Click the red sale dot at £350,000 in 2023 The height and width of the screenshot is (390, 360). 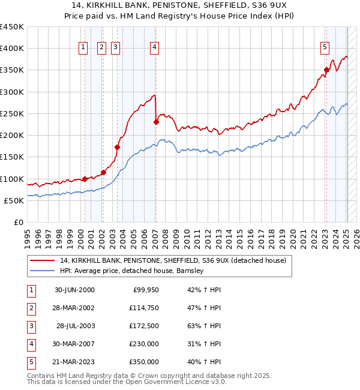point(327,70)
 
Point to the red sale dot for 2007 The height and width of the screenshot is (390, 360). point(156,122)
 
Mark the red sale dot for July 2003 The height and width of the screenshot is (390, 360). point(118,147)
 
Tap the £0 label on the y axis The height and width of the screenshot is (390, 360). point(18,222)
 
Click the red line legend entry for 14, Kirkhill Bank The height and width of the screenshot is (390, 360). point(173,260)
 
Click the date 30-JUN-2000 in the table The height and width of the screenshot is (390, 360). point(74,290)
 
